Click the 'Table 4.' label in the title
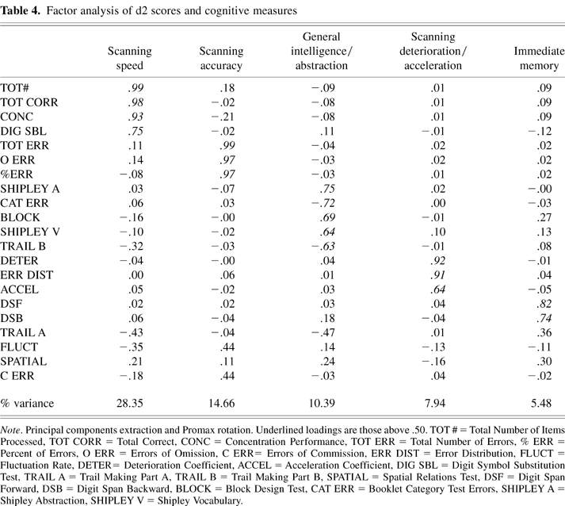pos(21,10)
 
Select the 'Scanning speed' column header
pos(129,59)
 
